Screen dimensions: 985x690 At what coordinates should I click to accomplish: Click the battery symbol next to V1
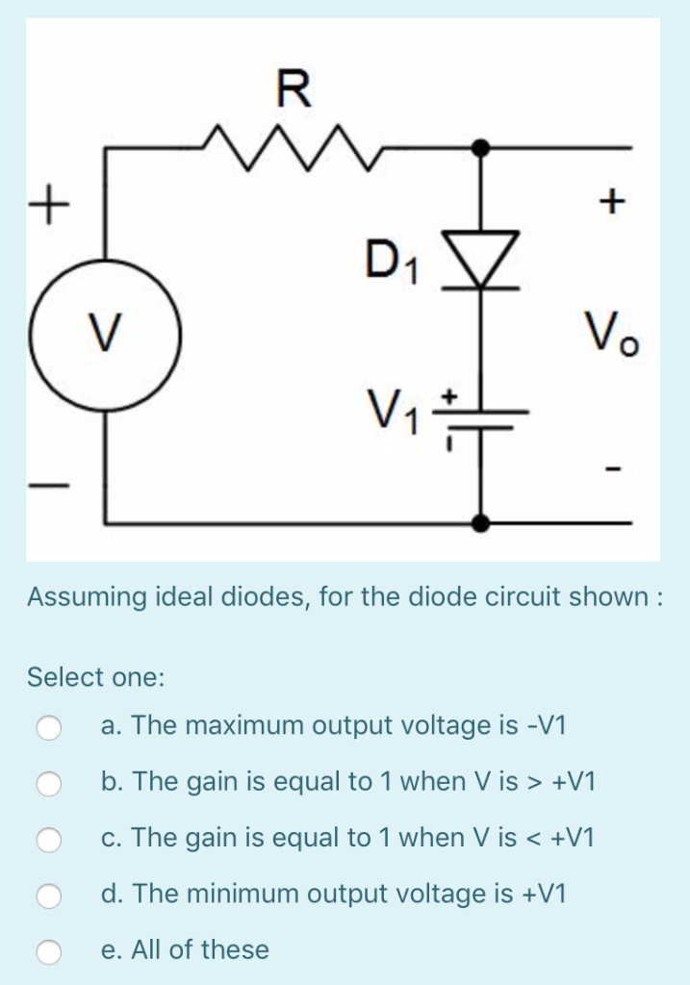(x=481, y=413)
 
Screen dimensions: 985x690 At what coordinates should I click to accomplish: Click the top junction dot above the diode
(x=481, y=148)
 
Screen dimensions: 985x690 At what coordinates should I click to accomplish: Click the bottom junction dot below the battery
(x=481, y=522)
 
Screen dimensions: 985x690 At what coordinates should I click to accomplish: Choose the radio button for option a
(x=50, y=727)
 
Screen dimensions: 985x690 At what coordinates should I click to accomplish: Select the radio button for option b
(x=50, y=783)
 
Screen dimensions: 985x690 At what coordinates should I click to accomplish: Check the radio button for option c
(x=50, y=840)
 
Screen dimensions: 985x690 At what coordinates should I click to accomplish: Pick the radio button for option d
(x=50, y=896)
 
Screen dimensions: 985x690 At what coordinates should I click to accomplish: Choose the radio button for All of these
(x=50, y=951)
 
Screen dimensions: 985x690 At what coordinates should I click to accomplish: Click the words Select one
(x=96, y=677)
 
